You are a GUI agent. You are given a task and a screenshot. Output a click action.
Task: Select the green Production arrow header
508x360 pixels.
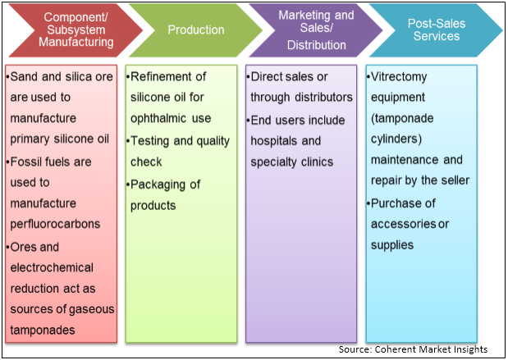(195, 30)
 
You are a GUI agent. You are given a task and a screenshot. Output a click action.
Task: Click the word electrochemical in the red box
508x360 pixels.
(51, 267)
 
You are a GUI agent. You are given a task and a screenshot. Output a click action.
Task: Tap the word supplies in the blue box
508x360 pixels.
(393, 245)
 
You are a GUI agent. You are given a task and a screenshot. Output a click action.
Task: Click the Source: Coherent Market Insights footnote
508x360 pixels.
(418, 350)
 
